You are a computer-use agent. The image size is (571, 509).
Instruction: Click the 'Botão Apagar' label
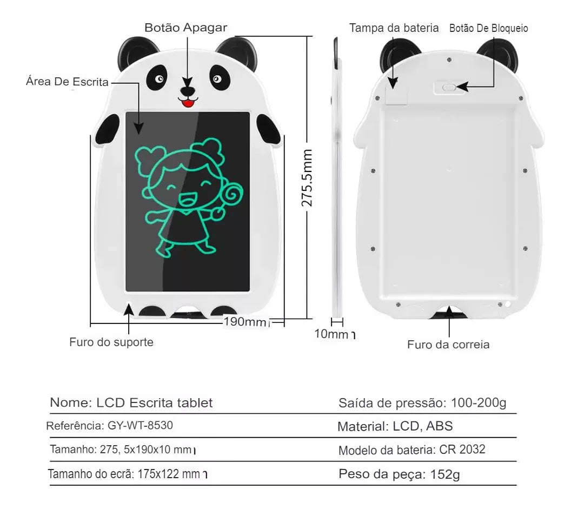point(185,28)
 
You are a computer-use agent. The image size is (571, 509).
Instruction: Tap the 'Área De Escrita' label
point(68,82)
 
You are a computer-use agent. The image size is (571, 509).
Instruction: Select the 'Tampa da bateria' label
point(394,28)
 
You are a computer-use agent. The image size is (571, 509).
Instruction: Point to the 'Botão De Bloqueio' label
point(489,28)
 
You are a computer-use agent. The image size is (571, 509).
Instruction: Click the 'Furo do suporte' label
point(111,342)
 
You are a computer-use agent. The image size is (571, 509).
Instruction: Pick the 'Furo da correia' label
point(448,345)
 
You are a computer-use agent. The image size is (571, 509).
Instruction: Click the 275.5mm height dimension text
point(307,178)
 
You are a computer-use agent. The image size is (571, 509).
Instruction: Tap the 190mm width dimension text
point(245,322)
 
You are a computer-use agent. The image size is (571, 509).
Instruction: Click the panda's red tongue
point(188,103)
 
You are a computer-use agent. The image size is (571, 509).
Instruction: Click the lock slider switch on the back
point(449,88)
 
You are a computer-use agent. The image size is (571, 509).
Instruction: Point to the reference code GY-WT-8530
point(140,426)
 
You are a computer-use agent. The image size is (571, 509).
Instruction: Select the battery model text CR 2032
point(462,449)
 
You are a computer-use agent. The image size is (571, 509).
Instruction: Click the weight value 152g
point(445,474)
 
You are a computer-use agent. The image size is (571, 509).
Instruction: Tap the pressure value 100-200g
point(479,403)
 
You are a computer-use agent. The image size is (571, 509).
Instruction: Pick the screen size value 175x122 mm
point(169,474)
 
